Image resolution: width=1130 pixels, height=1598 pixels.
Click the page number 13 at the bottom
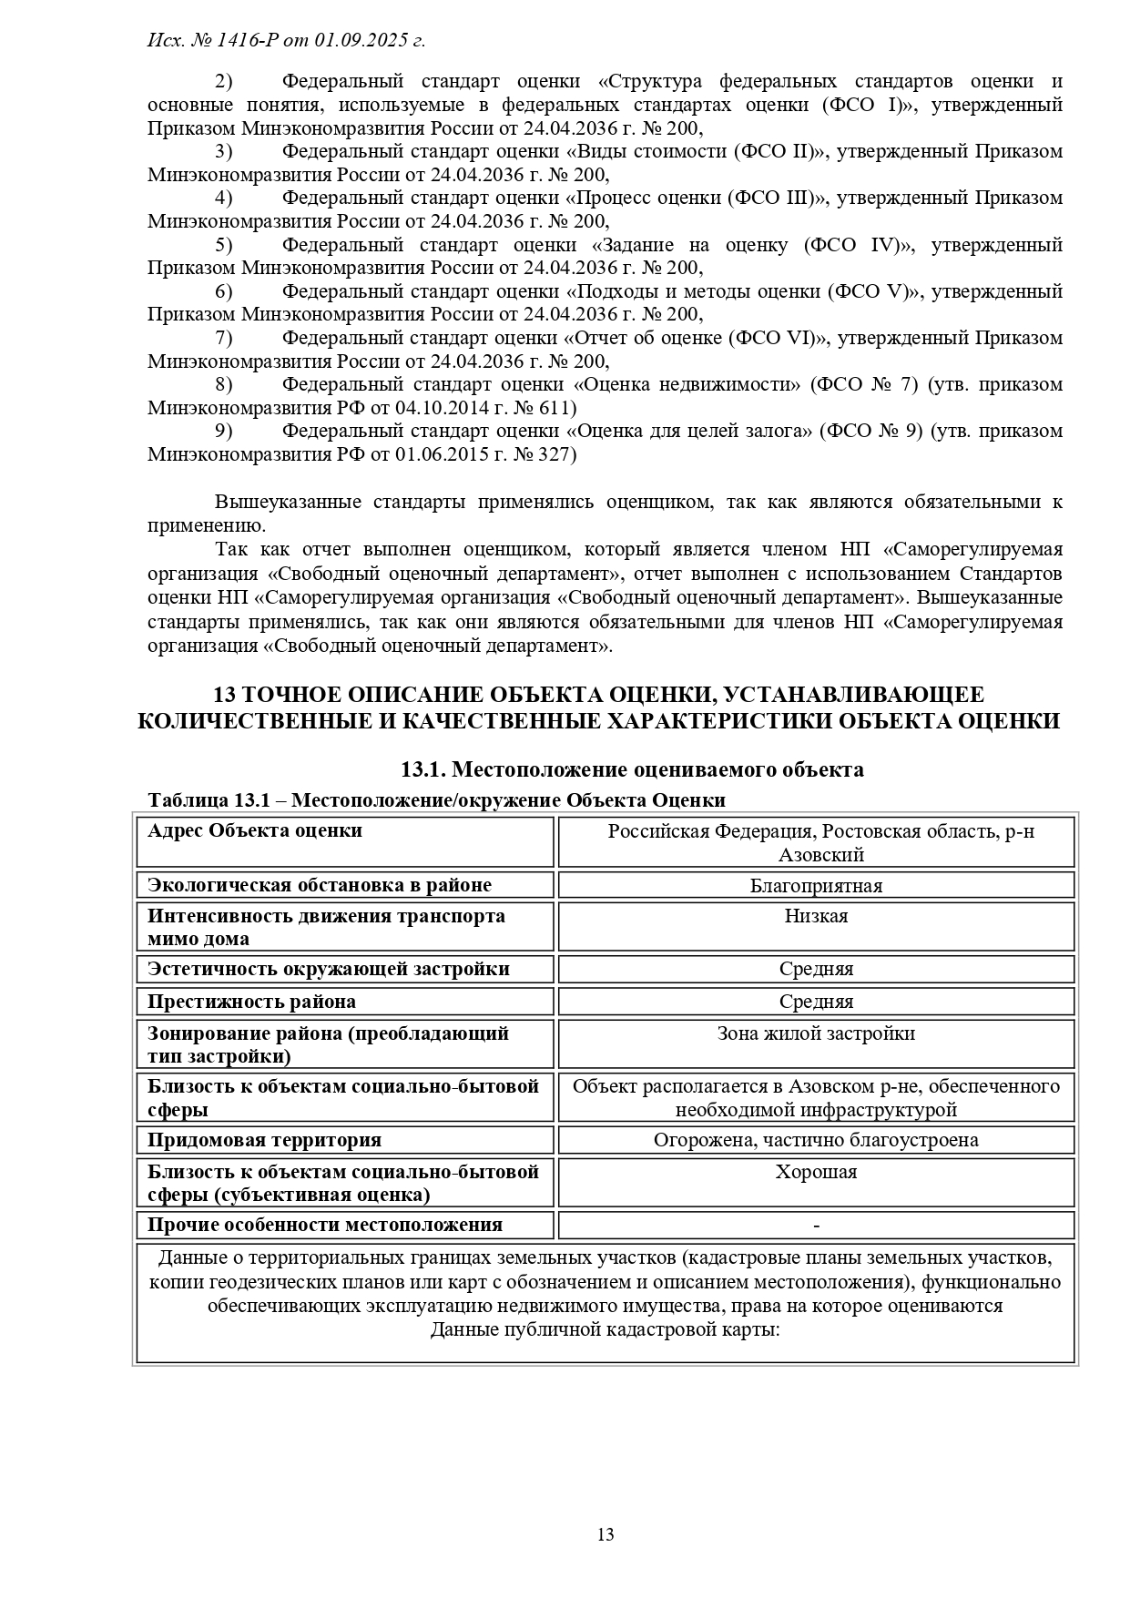pos(606,1534)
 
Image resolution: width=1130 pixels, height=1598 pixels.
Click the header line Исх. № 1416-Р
pos(286,40)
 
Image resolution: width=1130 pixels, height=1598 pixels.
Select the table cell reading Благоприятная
pos(816,885)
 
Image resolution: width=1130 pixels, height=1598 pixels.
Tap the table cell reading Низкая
pos(816,916)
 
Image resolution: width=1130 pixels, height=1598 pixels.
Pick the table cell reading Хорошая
pos(816,1172)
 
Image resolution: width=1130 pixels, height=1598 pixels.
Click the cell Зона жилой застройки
pos(816,1033)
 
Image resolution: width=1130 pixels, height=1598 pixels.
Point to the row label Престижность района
pos(252,1002)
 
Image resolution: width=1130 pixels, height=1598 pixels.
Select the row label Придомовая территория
pos(265,1140)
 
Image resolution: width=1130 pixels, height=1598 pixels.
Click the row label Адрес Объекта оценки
pos(255,830)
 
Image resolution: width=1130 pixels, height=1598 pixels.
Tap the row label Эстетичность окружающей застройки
pos(329,969)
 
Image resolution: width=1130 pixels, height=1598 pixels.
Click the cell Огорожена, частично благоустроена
pos(816,1140)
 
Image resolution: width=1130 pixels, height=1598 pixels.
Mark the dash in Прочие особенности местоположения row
pos(816,1226)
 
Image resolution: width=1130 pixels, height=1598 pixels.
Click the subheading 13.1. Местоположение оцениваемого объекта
pos(632,769)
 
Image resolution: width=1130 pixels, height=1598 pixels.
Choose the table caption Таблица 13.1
pos(436,799)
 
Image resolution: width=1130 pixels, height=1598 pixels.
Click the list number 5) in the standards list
pos(224,244)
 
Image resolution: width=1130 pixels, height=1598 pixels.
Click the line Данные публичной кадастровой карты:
pos(605,1329)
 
